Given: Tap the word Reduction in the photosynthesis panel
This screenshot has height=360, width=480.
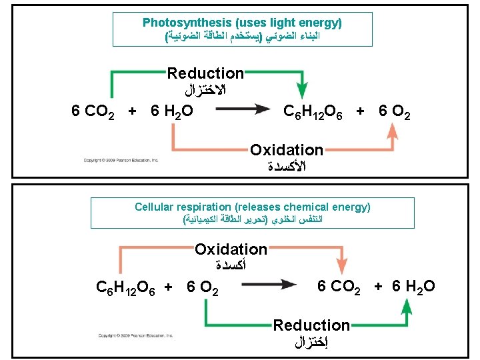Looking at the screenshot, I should (x=205, y=73).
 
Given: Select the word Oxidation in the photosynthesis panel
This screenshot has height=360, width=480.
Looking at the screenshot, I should (x=287, y=151).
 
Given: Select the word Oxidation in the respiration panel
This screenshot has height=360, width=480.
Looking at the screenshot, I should (x=231, y=250).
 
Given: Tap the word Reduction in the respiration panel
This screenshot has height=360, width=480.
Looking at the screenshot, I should (x=311, y=325).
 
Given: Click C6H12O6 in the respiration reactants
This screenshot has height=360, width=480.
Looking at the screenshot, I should (x=127, y=287).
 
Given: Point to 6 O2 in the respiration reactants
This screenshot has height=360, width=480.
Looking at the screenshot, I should (x=204, y=287).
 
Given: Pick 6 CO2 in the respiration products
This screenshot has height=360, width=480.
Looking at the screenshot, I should (x=339, y=287).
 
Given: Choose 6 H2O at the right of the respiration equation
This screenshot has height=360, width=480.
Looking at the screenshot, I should (x=414, y=287).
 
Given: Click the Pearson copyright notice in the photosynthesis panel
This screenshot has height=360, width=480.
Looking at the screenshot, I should (x=121, y=160).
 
